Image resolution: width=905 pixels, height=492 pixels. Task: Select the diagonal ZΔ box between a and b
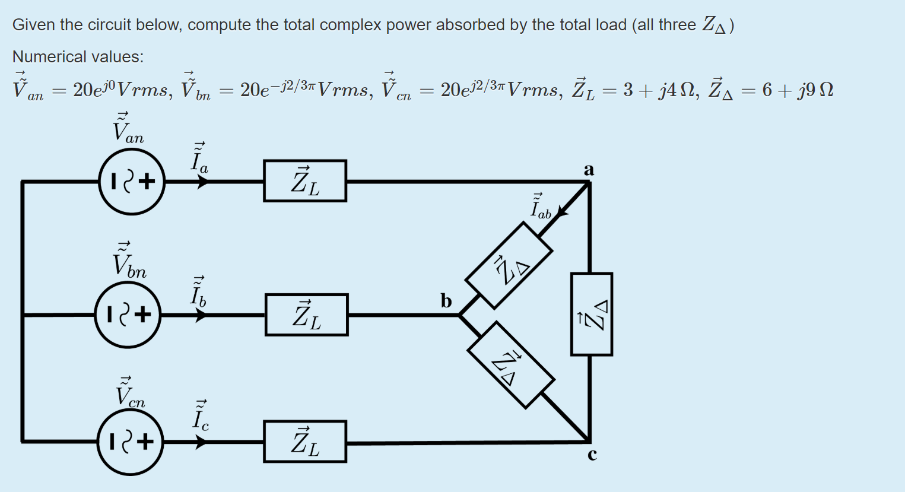click(x=509, y=265)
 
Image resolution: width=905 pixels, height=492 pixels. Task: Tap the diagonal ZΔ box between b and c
click(x=511, y=365)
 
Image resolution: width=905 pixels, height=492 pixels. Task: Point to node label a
click(x=589, y=170)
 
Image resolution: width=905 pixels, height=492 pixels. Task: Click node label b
click(x=446, y=300)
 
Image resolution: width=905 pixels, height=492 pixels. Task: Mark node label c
click(x=592, y=455)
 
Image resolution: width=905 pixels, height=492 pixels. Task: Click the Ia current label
click(x=199, y=158)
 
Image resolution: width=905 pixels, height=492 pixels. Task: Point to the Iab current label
click(x=541, y=207)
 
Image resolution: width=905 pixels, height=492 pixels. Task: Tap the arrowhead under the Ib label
click(x=201, y=315)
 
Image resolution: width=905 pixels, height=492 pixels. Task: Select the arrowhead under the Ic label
click(x=201, y=442)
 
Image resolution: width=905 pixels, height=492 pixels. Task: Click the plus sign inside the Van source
click(x=147, y=182)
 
